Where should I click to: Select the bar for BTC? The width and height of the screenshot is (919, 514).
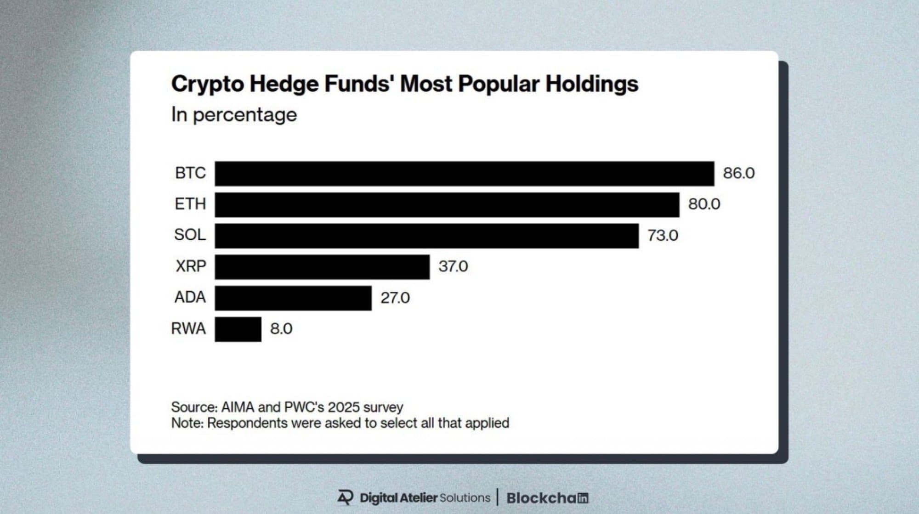(464, 174)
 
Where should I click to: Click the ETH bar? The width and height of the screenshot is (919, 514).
(447, 205)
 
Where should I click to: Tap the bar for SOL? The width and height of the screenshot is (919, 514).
(426, 236)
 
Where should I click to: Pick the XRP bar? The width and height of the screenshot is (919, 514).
(322, 267)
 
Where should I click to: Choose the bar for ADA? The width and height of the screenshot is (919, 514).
(293, 298)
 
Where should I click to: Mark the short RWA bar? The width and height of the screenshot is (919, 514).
(238, 329)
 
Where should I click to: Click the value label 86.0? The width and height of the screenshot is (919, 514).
(738, 173)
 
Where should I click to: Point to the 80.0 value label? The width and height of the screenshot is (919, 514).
(704, 204)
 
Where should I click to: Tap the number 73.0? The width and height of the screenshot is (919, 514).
(663, 236)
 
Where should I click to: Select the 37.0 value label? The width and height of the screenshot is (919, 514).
(453, 266)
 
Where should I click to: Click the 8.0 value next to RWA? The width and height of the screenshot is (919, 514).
(281, 329)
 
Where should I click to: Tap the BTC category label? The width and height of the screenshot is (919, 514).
(190, 173)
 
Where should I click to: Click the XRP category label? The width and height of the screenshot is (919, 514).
(191, 266)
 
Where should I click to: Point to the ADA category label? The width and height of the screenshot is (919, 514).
(190, 298)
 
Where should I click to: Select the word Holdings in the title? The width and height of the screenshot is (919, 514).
(592, 84)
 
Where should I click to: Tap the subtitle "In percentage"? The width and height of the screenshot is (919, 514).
(234, 114)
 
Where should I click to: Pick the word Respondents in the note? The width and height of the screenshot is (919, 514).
(247, 423)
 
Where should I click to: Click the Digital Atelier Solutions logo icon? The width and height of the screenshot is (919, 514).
(346, 497)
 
